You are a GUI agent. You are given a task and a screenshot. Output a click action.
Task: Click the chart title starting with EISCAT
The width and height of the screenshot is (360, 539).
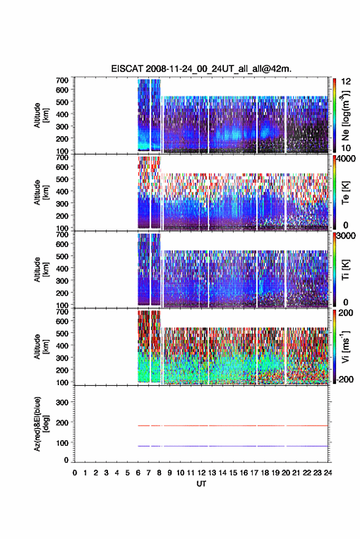point(201,69)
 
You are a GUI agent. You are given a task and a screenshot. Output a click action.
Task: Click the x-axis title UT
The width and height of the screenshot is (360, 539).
point(201,484)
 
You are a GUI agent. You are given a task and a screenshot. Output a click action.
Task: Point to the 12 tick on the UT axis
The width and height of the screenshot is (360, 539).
point(201,473)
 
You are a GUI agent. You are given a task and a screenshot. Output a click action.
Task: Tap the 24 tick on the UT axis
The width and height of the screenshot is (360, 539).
point(328,473)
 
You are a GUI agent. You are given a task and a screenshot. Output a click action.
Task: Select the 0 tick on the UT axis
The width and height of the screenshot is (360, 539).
point(75,473)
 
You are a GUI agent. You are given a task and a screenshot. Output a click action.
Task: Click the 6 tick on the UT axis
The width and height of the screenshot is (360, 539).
point(138,473)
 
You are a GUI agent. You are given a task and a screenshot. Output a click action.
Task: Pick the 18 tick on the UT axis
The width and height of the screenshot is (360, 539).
point(265,473)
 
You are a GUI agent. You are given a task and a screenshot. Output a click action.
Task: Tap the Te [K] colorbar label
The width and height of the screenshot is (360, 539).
point(345,193)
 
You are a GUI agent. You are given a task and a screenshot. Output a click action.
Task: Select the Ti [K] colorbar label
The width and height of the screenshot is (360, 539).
point(345,270)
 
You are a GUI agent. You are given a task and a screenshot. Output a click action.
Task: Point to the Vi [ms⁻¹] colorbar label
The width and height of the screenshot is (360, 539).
point(345,346)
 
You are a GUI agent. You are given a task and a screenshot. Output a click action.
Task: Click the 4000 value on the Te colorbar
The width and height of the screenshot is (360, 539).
point(347,159)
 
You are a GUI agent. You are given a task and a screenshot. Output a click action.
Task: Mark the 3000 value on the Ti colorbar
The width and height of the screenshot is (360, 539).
point(347,236)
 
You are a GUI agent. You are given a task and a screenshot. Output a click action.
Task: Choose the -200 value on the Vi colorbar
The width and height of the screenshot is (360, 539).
point(344,379)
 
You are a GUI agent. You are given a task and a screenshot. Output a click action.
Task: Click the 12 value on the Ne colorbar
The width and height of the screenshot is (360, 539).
point(347,82)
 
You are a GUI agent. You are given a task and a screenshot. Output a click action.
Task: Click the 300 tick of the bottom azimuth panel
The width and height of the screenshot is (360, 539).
point(62,402)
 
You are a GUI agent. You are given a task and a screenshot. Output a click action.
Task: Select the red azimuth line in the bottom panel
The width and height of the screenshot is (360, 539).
point(233,426)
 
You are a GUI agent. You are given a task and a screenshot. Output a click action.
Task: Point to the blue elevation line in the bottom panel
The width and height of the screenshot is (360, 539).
point(233,446)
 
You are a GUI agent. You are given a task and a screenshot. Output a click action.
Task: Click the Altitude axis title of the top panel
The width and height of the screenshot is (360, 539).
point(40,115)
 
